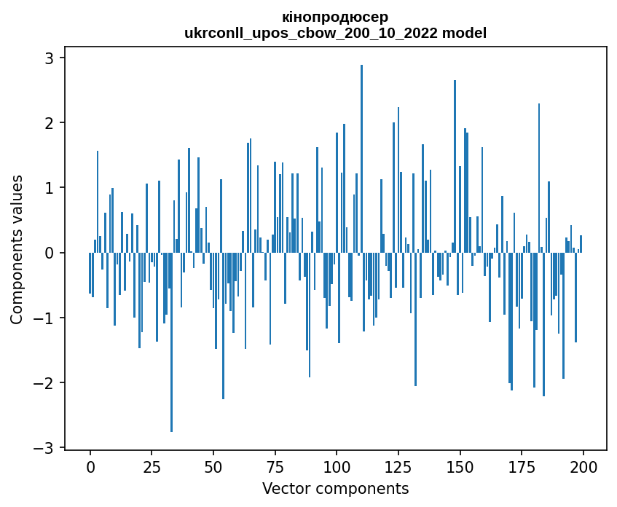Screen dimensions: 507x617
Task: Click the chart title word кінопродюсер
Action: click(x=335, y=16)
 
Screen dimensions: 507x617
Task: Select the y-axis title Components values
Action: click(x=17, y=249)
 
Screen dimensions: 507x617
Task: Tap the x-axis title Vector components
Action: click(x=335, y=488)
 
